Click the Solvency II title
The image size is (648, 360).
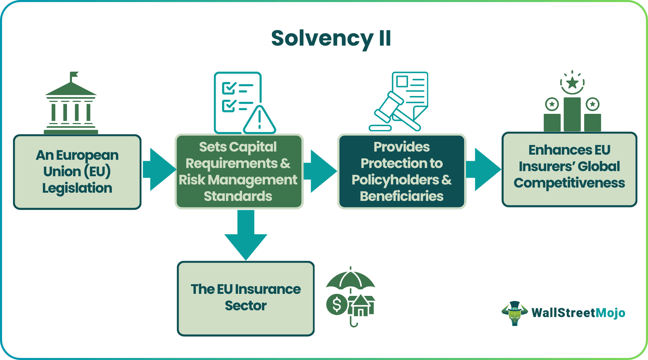331,38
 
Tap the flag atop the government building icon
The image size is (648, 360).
74,75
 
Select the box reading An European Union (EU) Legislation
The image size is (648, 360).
77,172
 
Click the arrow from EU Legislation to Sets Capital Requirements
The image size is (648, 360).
159,169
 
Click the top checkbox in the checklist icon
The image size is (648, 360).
228,88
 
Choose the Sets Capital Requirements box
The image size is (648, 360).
239,171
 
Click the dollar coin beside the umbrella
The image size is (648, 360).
337,304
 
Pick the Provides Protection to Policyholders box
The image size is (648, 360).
401,171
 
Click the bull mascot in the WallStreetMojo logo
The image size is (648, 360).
515,313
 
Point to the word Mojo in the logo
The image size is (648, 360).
610,313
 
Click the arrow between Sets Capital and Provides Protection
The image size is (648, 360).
320,171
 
